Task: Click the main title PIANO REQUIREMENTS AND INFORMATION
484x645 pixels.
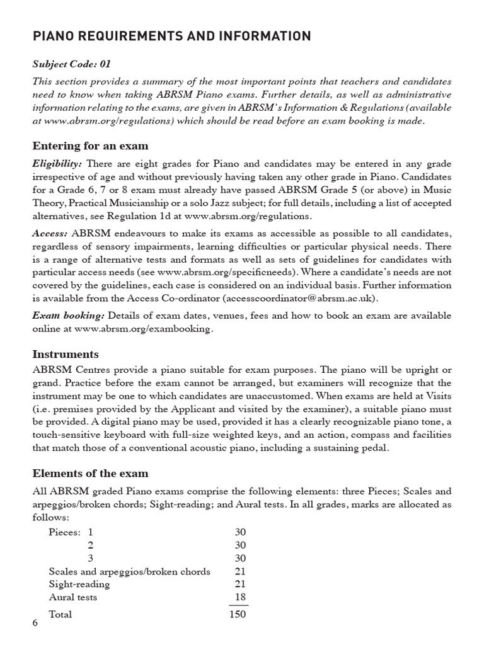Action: [172, 37]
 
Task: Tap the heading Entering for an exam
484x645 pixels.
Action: [91, 146]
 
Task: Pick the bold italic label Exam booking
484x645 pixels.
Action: [69, 315]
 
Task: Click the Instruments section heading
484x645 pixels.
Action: [66, 354]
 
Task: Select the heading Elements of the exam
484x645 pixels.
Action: [91, 473]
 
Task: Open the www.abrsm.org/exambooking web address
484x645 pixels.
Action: [143, 328]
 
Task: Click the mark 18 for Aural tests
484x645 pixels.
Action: [239, 597]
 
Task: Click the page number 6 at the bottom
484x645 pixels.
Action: [35, 623]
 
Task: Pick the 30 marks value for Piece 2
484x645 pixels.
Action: [239, 545]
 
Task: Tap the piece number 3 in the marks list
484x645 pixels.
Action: [90, 558]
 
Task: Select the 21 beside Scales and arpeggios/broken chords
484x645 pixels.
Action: [239, 571]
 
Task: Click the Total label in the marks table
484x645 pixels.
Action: [60, 614]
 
